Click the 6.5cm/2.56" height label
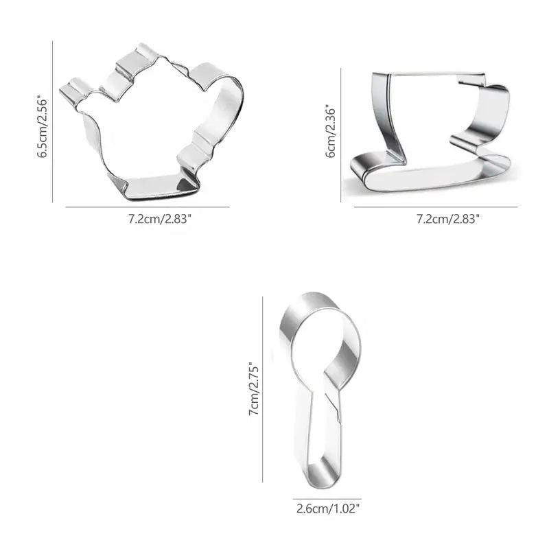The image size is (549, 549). [43, 126]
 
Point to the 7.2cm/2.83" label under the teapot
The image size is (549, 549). [159, 219]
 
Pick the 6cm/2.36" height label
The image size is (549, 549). [331, 130]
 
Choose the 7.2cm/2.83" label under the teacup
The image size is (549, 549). [447, 219]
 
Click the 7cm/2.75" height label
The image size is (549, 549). [254, 388]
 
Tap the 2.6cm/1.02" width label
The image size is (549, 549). [328, 509]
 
